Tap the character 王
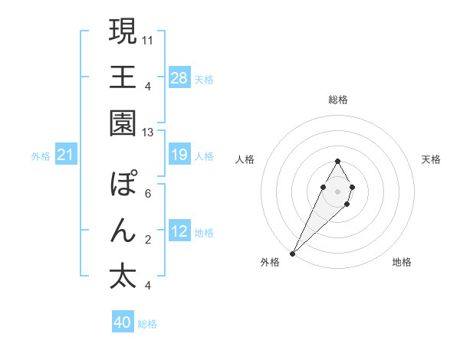point(123,77)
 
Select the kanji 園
point(123,123)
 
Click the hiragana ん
point(123,231)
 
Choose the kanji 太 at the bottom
point(123,277)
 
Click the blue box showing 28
point(179,77)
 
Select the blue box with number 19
point(179,155)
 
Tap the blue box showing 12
point(179,231)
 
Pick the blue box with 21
point(66,155)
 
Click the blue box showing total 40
point(123,322)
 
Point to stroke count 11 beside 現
point(148,38)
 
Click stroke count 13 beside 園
point(148,133)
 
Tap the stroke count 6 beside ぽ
point(148,194)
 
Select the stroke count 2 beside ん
point(148,240)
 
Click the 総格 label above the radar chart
point(337,100)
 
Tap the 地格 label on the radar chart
point(402,262)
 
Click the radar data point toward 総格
point(337,161)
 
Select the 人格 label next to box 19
point(204,156)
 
